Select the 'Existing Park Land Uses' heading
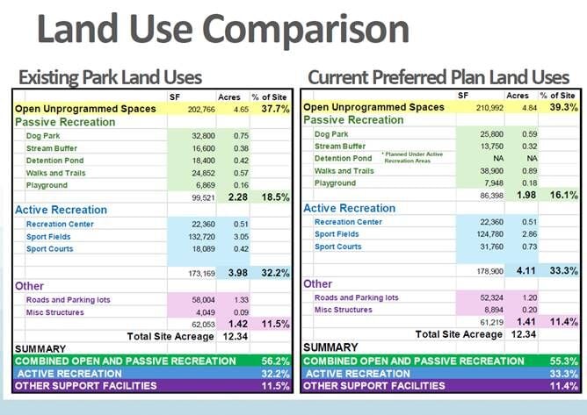[x=110, y=77]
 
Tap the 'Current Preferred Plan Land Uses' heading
[x=438, y=77]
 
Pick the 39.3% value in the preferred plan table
[x=559, y=107]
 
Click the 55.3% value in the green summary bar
[x=562, y=361]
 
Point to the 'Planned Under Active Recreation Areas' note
[x=411, y=159]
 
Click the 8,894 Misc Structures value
[x=489, y=310]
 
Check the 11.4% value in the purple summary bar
[x=562, y=385]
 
